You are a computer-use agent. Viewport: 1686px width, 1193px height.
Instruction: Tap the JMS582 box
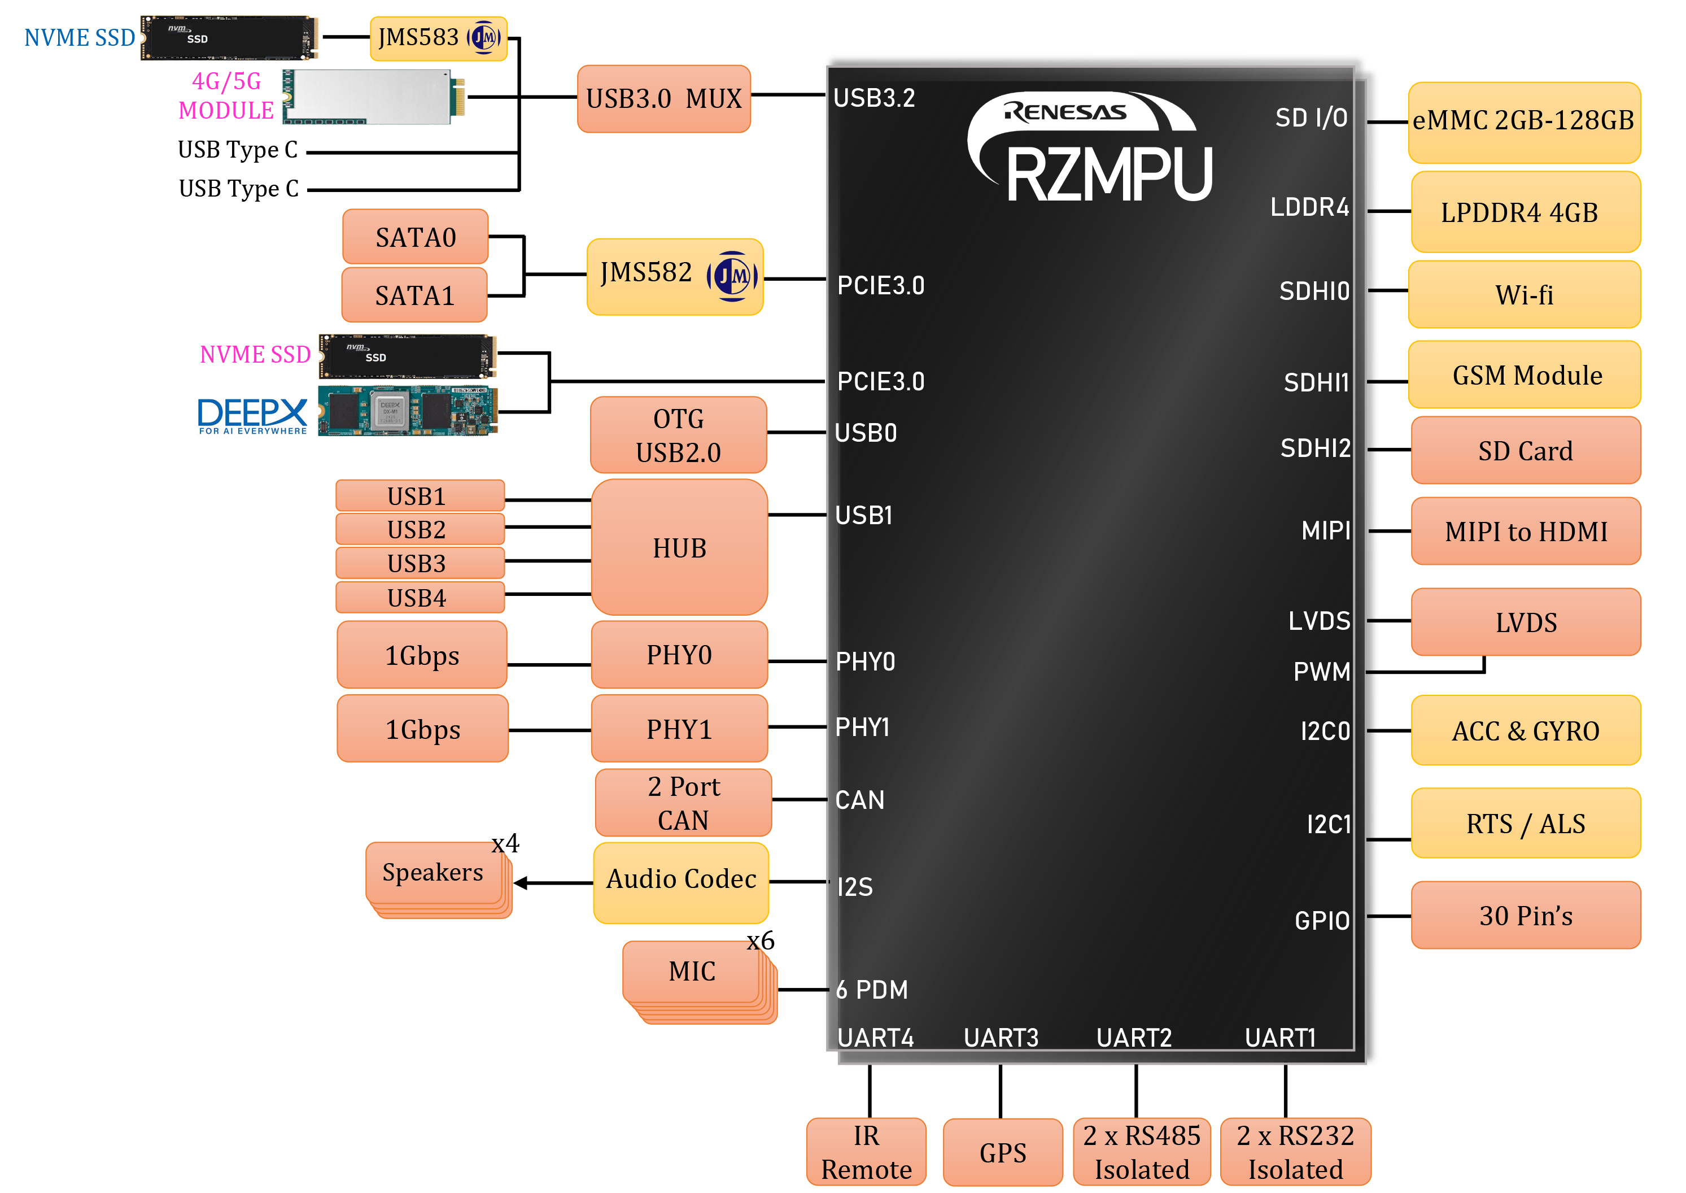pos(674,276)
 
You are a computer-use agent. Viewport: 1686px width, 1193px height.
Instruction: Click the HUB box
pos(679,547)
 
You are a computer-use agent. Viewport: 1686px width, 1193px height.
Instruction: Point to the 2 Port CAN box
pos(683,802)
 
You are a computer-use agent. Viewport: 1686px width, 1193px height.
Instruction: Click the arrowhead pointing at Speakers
pos(521,883)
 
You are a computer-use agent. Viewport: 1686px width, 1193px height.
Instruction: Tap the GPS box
pos(1002,1152)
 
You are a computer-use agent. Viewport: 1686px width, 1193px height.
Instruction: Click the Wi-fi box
pos(1524,294)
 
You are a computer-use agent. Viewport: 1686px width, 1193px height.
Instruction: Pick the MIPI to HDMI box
pos(1525,531)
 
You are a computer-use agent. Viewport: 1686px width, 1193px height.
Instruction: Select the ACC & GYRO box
pos(1525,730)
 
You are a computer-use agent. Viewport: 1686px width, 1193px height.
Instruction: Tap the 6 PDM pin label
pos(872,990)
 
